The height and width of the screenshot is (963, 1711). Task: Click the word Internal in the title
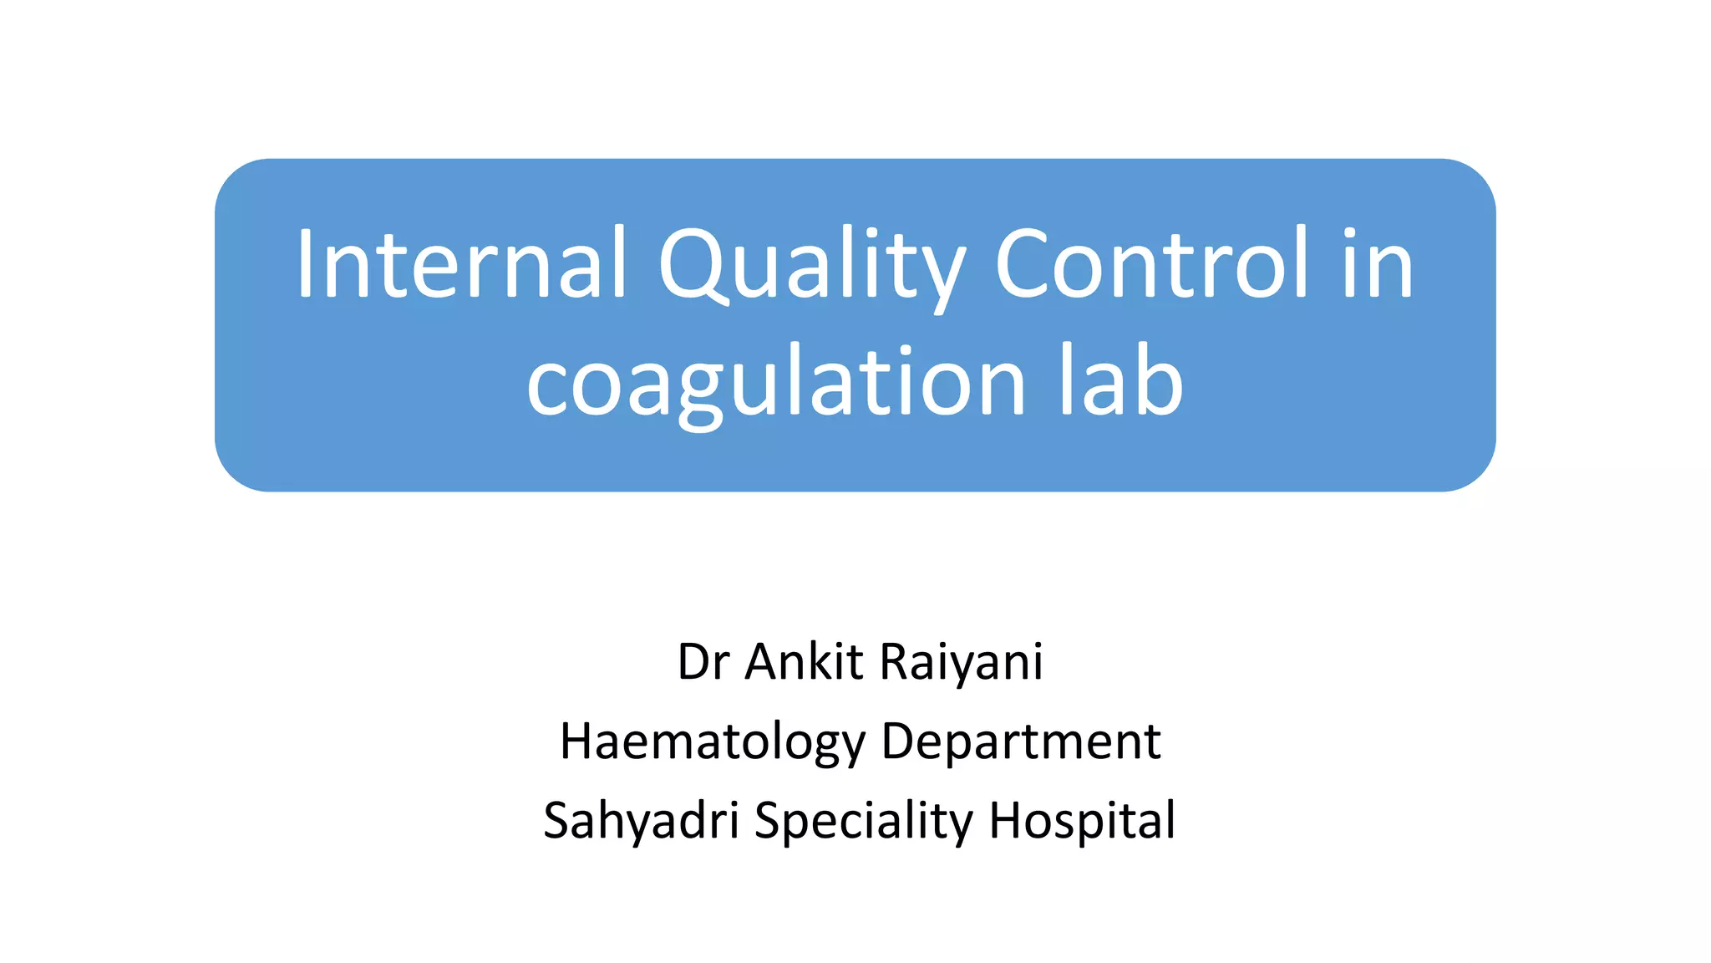[x=460, y=263]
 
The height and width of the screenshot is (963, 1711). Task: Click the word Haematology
[x=713, y=742]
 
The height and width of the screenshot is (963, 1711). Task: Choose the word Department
[x=1021, y=742]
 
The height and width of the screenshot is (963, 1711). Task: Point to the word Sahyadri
[x=641, y=821]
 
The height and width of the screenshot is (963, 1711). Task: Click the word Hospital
[x=1083, y=821]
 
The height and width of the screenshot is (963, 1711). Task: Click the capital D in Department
[x=900, y=741]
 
